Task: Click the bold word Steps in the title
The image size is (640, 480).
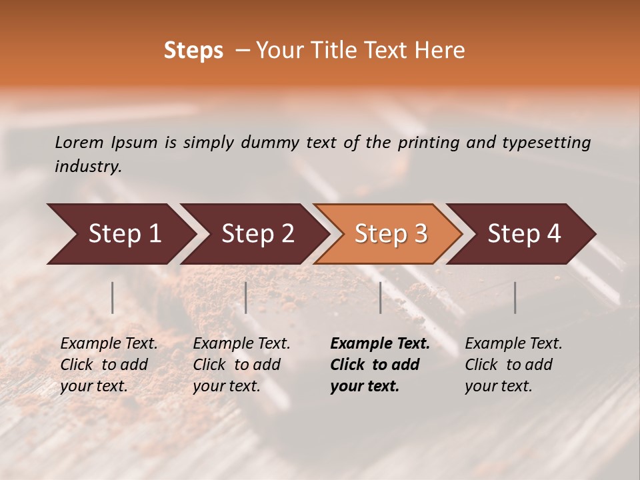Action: tap(193, 51)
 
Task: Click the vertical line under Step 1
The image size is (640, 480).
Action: tap(113, 297)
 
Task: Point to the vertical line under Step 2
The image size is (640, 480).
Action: tap(246, 297)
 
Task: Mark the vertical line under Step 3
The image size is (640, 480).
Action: tap(381, 297)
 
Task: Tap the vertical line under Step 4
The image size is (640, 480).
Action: tap(515, 297)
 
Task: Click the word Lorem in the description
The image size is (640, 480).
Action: tap(79, 142)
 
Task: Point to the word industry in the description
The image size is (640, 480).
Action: tap(88, 167)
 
